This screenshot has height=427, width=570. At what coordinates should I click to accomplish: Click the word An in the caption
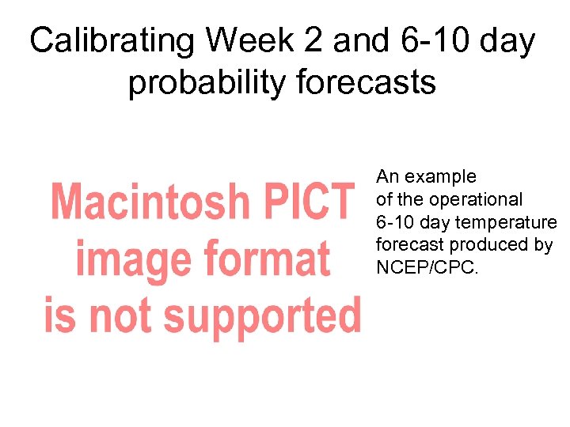387,176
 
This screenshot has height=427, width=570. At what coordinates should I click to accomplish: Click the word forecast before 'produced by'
407,245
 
